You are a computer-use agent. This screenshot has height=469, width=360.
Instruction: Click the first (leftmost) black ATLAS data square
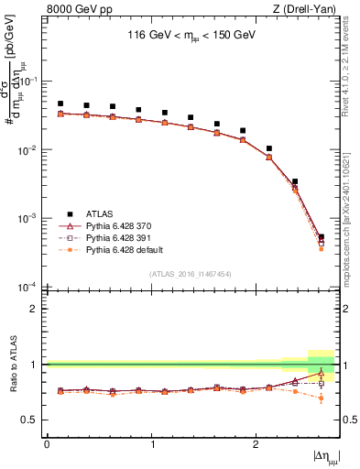[60, 104]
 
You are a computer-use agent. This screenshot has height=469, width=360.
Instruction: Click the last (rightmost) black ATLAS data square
[321, 237]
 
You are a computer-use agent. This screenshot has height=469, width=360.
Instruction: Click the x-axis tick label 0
[47, 444]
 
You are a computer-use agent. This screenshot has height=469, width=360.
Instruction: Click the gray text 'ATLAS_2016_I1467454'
[191, 274]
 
